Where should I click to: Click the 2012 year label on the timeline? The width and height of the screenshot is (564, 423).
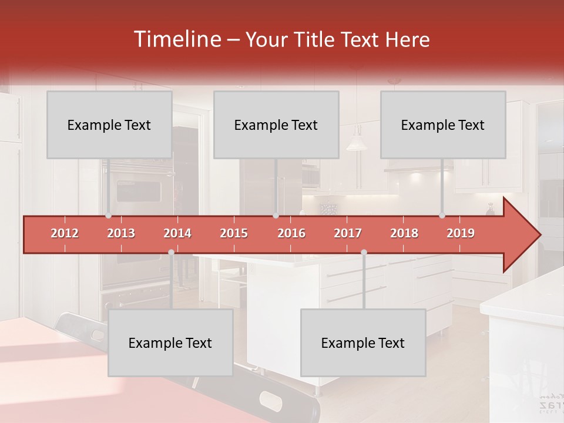(65, 233)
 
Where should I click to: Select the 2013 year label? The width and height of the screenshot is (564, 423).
(121, 233)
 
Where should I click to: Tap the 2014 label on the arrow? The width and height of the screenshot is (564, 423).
(177, 233)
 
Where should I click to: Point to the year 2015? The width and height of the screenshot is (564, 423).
(234, 233)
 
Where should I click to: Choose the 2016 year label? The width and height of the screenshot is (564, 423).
(291, 233)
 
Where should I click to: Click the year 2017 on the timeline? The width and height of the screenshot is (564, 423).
(348, 233)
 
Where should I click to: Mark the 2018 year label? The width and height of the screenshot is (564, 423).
(404, 233)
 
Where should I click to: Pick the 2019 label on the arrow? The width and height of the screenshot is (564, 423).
(461, 233)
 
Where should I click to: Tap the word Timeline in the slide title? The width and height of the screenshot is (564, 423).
(176, 39)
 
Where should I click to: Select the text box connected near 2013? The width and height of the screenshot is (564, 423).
(109, 125)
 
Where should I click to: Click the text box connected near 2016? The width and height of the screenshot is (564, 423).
(276, 125)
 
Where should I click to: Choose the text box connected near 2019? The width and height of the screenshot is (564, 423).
(443, 125)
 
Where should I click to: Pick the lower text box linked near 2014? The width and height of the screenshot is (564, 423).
(170, 343)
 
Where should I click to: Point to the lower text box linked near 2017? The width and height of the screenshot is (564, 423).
(363, 343)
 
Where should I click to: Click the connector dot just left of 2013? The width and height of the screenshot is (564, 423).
(108, 216)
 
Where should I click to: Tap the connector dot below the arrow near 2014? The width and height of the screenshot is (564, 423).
(171, 253)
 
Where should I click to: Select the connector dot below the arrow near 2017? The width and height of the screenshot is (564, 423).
(364, 253)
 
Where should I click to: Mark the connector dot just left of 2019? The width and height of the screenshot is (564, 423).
(442, 216)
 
